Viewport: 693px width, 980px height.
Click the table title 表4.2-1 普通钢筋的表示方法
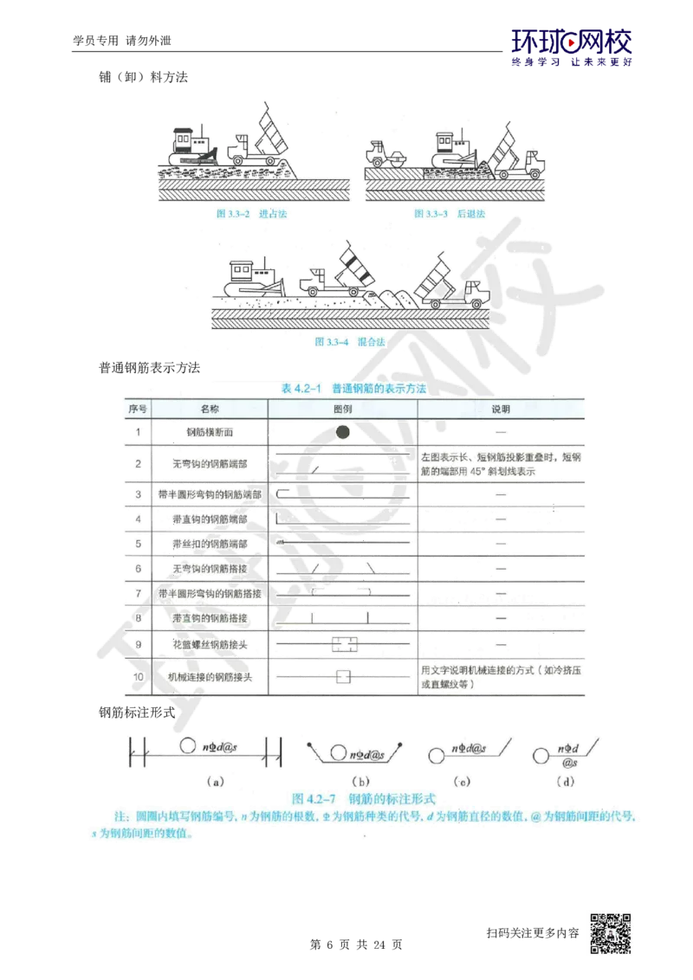tap(354, 389)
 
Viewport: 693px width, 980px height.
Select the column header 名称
tap(210, 408)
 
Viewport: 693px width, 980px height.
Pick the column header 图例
tap(343, 408)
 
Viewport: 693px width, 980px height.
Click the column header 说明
tap(502, 408)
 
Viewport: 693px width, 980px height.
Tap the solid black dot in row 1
tap(343, 431)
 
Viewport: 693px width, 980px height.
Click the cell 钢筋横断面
tap(210, 431)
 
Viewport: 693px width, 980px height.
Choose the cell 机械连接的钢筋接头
tap(210, 676)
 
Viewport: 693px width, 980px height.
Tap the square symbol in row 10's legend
tap(343, 675)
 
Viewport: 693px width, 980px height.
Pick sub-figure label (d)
tap(567, 780)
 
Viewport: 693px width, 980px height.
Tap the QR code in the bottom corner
tap(612, 933)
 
